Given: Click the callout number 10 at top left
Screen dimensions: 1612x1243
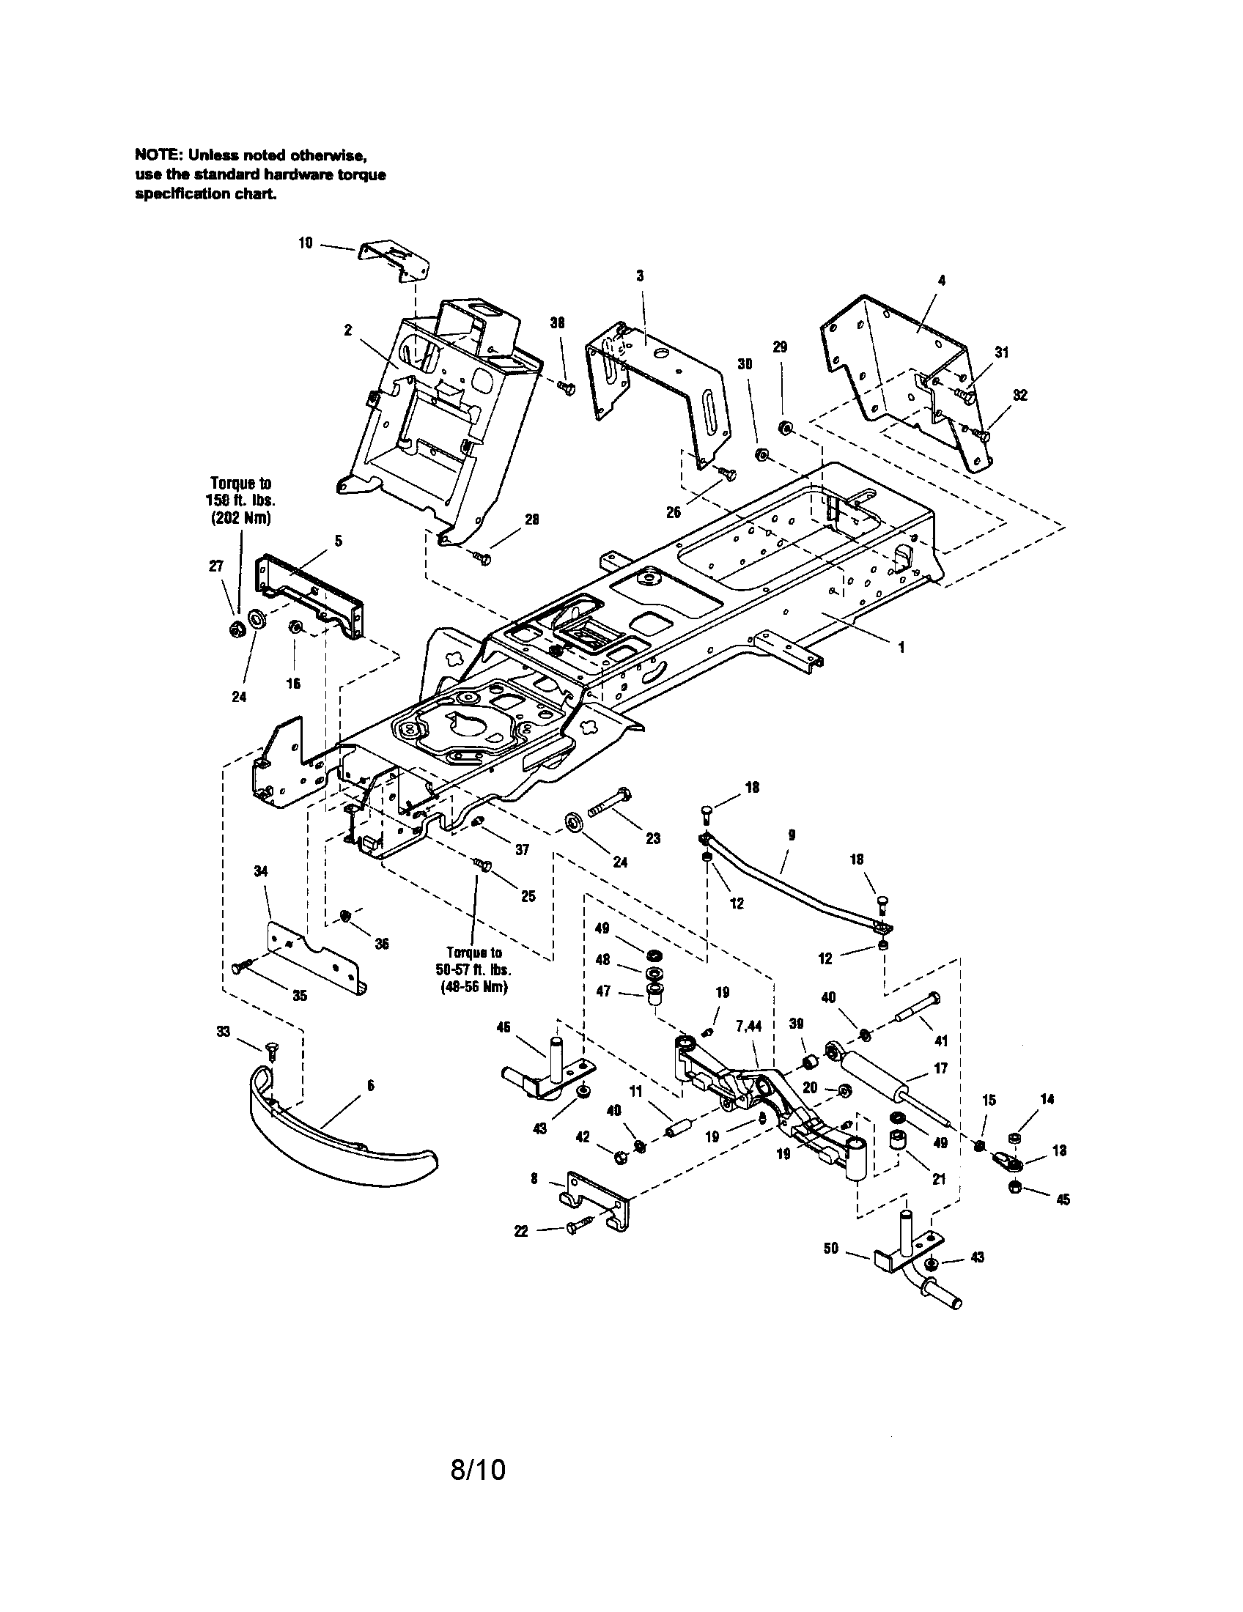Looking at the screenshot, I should pyautogui.click(x=306, y=242).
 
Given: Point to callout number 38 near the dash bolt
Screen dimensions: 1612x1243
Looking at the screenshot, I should pyautogui.click(x=558, y=322).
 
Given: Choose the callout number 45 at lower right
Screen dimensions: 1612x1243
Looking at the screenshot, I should pyautogui.click(x=1063, y=1200).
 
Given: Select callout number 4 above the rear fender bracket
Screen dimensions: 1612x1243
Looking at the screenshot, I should pyautogui.click(x=941, y=281).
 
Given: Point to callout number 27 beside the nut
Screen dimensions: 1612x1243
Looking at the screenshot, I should pyautogui.click(x=215, y=566).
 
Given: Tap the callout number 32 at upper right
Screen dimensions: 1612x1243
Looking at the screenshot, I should pyautogui.click(x=1019, y=396).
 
